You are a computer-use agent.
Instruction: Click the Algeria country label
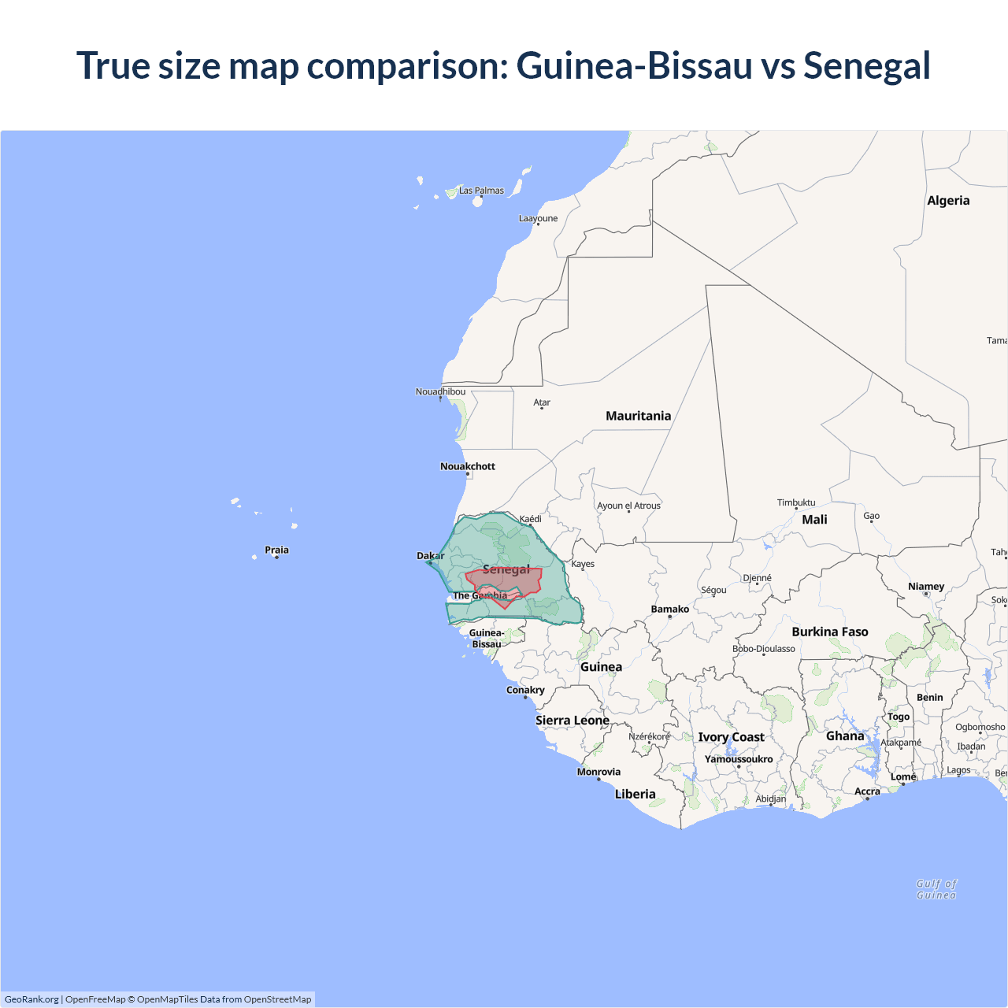pos(948,201)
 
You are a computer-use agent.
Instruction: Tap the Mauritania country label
pos(638,416)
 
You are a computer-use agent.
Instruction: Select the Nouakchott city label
pos(467,466)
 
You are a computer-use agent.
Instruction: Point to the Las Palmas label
pos(481,191)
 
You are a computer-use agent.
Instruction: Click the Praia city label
pos(276,550)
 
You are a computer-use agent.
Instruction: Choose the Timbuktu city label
pos(796,502)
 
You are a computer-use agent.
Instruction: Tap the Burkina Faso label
pos(830,632)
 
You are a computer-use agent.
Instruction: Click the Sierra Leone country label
pos(573,720)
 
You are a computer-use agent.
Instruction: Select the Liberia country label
pos(635,794)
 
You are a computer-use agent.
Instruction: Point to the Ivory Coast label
pos(731,737)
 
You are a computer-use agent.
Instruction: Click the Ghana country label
pos(845,736)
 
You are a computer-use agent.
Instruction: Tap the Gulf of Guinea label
pos(936,889)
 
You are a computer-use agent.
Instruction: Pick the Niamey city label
pos(926,587)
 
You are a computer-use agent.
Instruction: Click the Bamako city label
pos(670,609)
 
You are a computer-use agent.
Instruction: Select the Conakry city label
pos(525,690)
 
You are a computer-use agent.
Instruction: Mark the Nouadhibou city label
pos(440,391)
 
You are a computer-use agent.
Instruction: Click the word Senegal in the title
pos(866,65)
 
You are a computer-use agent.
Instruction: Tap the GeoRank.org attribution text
pos(31,999)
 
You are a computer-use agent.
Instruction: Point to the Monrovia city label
pos(598,772)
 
